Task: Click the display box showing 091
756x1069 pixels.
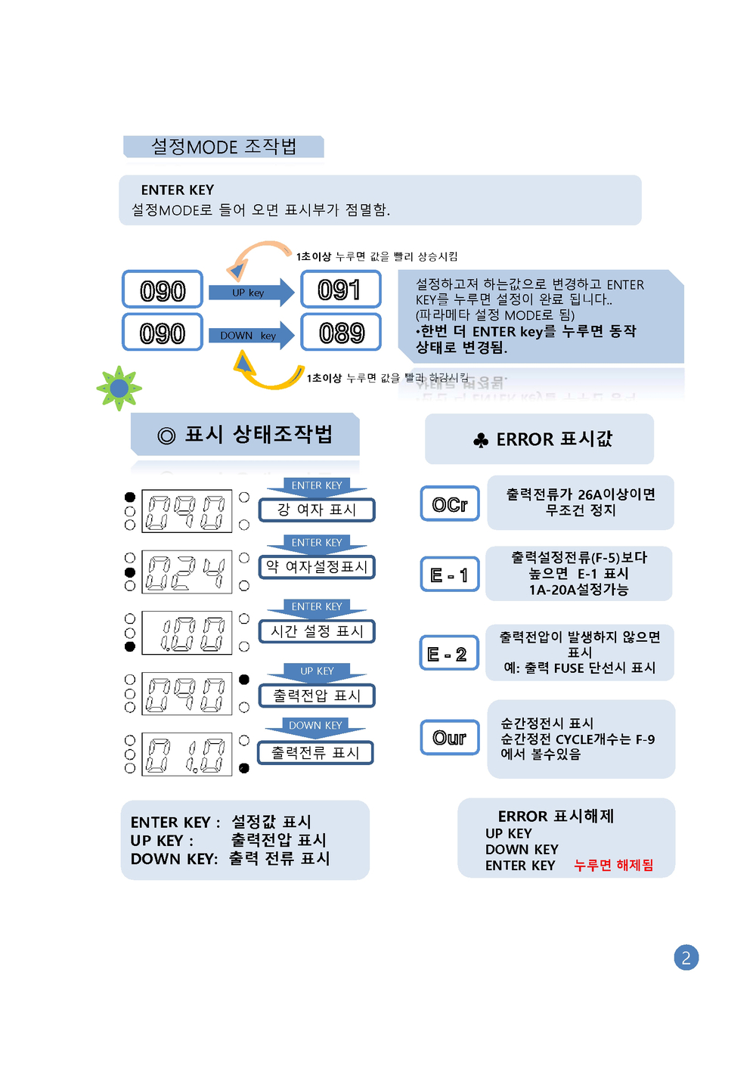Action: pyautogui.click(x=340, y=290)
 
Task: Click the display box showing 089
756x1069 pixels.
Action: pyautogui.click(x=340, y=333)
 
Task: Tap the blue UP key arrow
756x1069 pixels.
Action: pyautogui.click(x=251, y=293)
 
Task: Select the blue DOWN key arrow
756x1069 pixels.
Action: pyautogui.click(x=251, y=336)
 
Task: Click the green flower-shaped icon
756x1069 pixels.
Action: pyautogui.click(x=119, y=389)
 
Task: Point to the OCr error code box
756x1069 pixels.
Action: pyautogui.click(x=450, y=504)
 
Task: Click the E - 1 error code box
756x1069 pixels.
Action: pyautogui.click(x=450, y=575)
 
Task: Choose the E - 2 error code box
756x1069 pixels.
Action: pyautogui.click(x=449, y=653)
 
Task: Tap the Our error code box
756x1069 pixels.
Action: pyautogui.click(x=450, y=737)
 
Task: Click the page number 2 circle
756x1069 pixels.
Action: pyautogui.click(x=686, y=958)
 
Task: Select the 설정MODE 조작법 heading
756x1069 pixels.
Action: pyautogui.click(x=224, y=147)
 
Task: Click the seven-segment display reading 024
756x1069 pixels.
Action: pyautogui.click(x=187, y=572)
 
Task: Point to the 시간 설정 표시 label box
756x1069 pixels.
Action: pyautogui.click(x=317, y=631)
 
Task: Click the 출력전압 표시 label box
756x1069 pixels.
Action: pyautogui.click(x=317, y=696)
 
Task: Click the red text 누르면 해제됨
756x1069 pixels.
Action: pyautogui.click(x=613, y=865)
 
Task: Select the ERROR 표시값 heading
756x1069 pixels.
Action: pyautogui.click(x=539, y=439)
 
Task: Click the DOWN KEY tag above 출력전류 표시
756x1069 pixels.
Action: pyautogui.click(x=315, y=726)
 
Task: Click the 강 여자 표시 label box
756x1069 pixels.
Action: pyautogui.click(x=317, y=510)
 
